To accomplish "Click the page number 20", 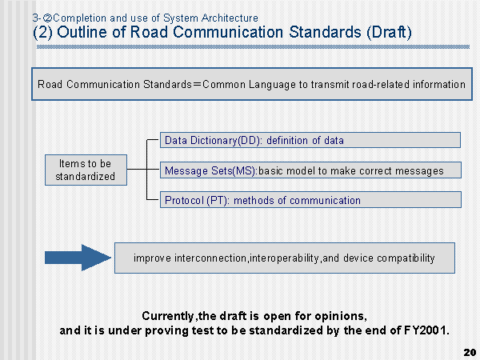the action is (470, 352).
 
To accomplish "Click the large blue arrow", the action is (78, 258).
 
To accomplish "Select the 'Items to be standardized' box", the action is (86, 170).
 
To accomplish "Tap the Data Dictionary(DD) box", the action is (310, 140).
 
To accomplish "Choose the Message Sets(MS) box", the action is (310, 170).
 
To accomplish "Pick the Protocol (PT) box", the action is (310, 200).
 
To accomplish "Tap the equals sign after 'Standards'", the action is (197, 85).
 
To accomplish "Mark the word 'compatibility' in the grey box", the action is (406, 258).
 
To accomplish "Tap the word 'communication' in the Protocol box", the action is (325, 201).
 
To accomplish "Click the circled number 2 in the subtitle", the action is (47, 18).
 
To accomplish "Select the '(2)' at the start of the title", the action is (42, 33).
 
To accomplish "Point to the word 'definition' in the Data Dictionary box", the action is (287, 140).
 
